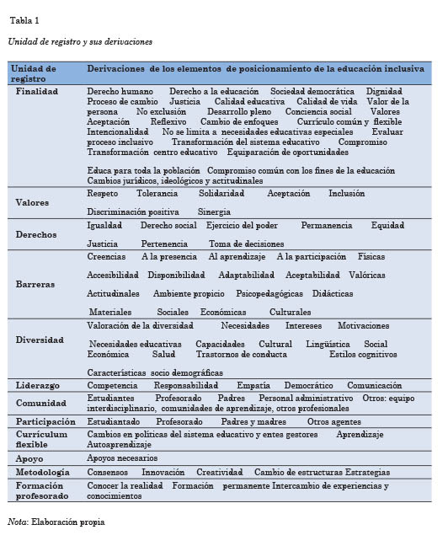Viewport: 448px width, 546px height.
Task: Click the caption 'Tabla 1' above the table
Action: click(x=24, y=20)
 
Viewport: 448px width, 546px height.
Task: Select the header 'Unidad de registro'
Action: click(x=35, y=73)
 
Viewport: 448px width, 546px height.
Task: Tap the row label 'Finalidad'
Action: click(x=37, y=91)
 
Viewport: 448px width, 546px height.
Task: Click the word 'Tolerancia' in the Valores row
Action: click(x=157, y=193)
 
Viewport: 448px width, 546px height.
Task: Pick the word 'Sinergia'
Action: click(x=214, y=211)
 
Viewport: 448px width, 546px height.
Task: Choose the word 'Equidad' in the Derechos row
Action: click(x=387, y=225)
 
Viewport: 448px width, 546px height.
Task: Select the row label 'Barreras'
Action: click(x=35, y=284)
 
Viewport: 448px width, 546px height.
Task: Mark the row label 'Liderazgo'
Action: click(x=38, y=385)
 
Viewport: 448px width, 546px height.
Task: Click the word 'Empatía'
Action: click(x=253, y=385)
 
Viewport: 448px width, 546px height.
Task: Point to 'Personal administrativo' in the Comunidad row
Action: click(x=306, y=398)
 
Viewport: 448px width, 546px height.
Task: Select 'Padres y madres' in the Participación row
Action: click(x=253, y=421)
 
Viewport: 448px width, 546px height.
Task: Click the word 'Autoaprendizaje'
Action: click(x=119, y=444)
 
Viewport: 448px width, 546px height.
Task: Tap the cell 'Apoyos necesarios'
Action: click(x=122, y=458)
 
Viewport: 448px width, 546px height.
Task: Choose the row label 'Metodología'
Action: click(x=43, y=473)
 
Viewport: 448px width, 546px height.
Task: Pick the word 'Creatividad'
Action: click(x=219, y=473)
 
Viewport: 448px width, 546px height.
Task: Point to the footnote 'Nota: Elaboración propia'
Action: click(x=56, y=522)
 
